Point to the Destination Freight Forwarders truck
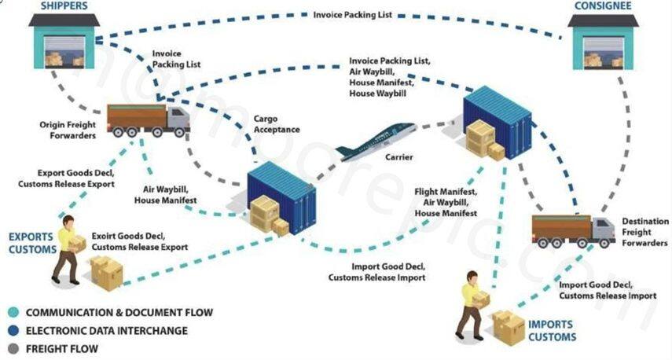coord(573,230)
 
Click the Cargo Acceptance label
coord(276,124)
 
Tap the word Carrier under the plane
coord(398,156)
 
